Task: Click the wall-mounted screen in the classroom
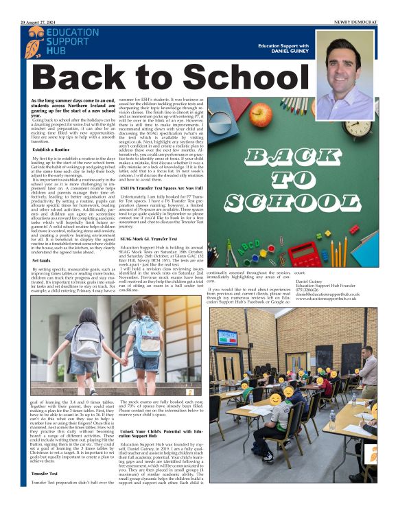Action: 227,337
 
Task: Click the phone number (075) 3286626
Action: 312,291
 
